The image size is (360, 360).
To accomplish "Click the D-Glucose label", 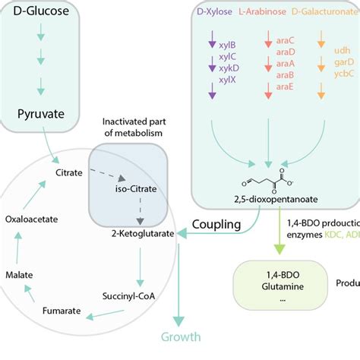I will click(47, 13).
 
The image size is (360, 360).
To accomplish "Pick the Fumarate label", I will click(63, 311).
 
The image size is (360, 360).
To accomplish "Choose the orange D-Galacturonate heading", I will click(318, 13).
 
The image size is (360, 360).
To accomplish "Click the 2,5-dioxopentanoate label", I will click(269, 200).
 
